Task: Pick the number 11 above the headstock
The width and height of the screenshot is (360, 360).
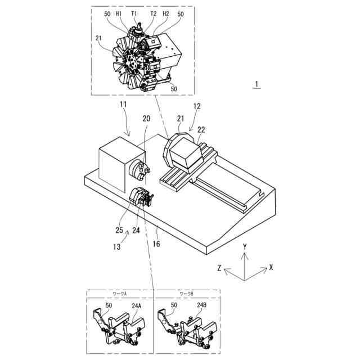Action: (123, 105)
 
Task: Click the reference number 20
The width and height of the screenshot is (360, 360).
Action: (146, 119)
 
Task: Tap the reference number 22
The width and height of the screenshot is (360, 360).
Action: (201, 130)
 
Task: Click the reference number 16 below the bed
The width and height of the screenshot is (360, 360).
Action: (156, 244)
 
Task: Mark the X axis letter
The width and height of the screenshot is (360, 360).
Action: (271, 268)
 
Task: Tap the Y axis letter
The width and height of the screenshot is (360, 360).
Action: (245, 247)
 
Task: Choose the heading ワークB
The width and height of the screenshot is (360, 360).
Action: (186, 294)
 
